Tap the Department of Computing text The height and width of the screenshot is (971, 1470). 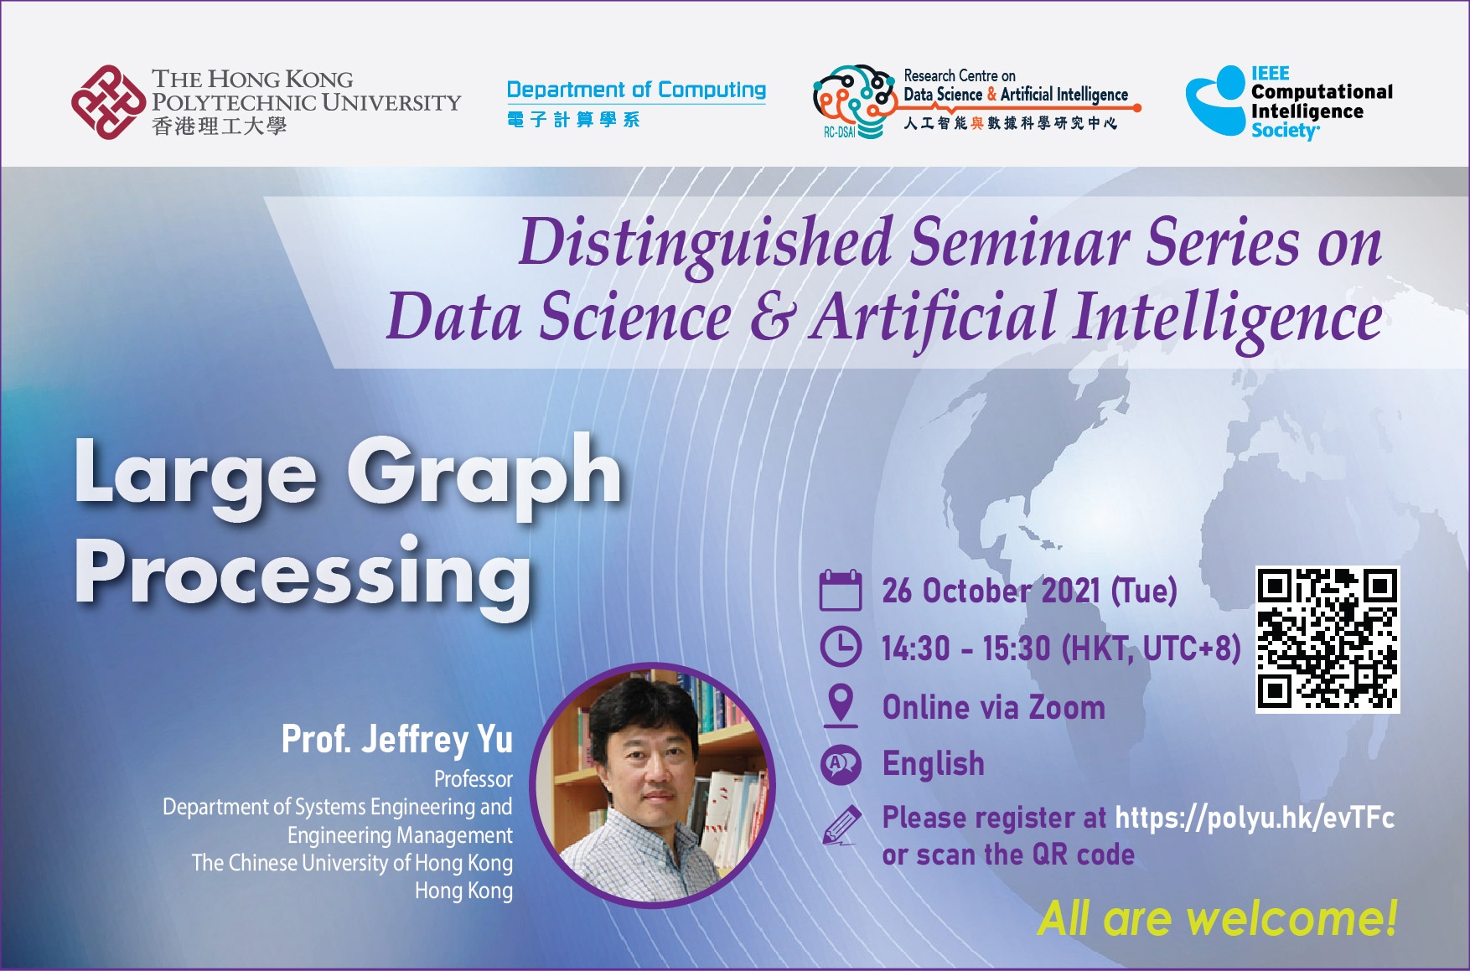(x=636, y=90)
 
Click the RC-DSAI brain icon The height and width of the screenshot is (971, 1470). (x=854, y=101)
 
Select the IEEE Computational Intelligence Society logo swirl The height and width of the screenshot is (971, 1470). (x=1216, y=101)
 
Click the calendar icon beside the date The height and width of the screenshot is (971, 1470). (x=840, y=590)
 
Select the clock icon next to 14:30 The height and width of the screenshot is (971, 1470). (x=840, y=647)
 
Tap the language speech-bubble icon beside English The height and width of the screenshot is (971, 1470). (x=841, y=764)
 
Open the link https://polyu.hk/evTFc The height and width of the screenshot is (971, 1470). (x=1255, y=818)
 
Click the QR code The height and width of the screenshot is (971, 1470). (x=1328, y=639)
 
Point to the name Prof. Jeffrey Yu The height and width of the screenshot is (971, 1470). (x=397, y=740)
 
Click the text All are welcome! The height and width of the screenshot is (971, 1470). (x=1218, y=918)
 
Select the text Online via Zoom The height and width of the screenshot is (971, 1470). (x=994, y=708)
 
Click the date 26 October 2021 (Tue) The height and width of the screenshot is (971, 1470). (x=1029, y=591)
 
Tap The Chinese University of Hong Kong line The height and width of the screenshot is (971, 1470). (x=352, y=863)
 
